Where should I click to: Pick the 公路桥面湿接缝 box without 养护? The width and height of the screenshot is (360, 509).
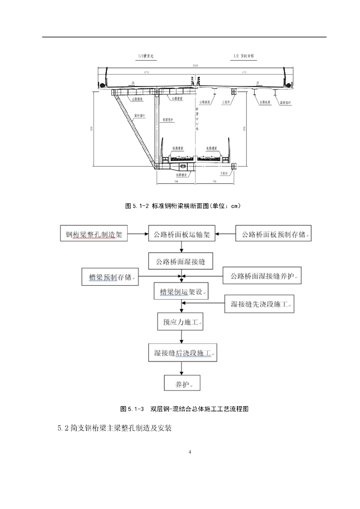(x=181, y=260)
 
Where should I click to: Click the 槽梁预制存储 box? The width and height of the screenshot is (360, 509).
(x=110, y=277)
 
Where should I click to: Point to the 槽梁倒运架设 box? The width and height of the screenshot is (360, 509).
(x=181, y=292)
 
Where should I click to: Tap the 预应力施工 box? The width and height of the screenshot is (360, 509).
(x=181, y=322)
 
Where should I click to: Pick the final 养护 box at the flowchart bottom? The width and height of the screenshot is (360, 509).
(x=181, y=384)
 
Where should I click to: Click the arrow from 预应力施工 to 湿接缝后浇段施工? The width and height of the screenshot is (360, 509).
(x=181, y=338)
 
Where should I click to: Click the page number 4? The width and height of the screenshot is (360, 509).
(x=190, y=452)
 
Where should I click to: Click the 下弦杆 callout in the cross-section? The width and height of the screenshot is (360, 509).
(x=223, y=173)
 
